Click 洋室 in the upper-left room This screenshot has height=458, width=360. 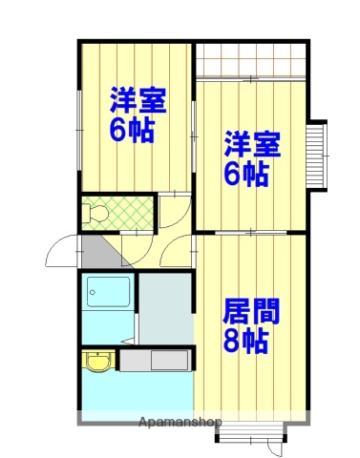(x=138, y=100)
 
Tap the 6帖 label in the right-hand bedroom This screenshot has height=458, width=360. (x=247, y=175)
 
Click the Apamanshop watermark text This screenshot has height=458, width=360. (x=180, y=421)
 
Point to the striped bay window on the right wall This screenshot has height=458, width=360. (x=317, y=156)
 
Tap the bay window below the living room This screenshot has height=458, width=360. (x=251, y=431)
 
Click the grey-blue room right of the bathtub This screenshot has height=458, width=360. (x=164, y=306)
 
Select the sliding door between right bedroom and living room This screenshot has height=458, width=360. (x=251, y=232)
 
